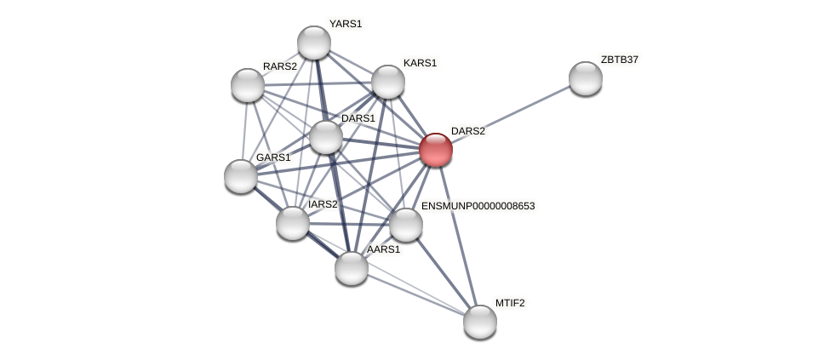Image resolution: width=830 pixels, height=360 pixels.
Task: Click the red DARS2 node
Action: pos(435,150)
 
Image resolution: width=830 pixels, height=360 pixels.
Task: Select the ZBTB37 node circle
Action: pos(585,78)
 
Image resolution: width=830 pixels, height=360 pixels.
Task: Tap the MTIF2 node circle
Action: pos(479,321)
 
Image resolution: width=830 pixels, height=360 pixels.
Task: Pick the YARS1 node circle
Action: pos(313,43)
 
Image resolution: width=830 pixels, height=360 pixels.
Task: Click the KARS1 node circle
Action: pos(387,82)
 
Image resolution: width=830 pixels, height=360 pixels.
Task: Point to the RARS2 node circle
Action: pos(248,85)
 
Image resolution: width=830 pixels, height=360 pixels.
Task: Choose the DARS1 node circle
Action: pos(325,137)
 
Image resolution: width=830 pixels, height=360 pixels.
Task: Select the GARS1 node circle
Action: pos(241,176)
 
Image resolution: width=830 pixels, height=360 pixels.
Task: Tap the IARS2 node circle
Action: pos(293,223)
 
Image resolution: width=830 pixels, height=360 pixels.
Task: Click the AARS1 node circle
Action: pos(351,268)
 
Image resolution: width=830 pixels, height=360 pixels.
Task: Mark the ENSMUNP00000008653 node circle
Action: pos(405,225)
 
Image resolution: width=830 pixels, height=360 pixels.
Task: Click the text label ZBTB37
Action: pos(619,60)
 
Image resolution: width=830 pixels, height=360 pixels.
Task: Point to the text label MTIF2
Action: pos(510,303)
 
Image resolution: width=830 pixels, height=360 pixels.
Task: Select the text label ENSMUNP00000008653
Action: pos(478,206)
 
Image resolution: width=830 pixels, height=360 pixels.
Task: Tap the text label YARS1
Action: pos(346,24)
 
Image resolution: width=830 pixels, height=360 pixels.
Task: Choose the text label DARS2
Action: pos(467,131)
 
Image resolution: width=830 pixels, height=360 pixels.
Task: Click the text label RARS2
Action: pos(279,66)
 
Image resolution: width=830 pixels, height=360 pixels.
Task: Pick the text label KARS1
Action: pos(420,63)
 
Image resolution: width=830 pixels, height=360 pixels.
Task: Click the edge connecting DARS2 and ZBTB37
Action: pos(511,114)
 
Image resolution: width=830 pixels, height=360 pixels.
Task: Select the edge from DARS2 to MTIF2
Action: pos(457,235)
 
